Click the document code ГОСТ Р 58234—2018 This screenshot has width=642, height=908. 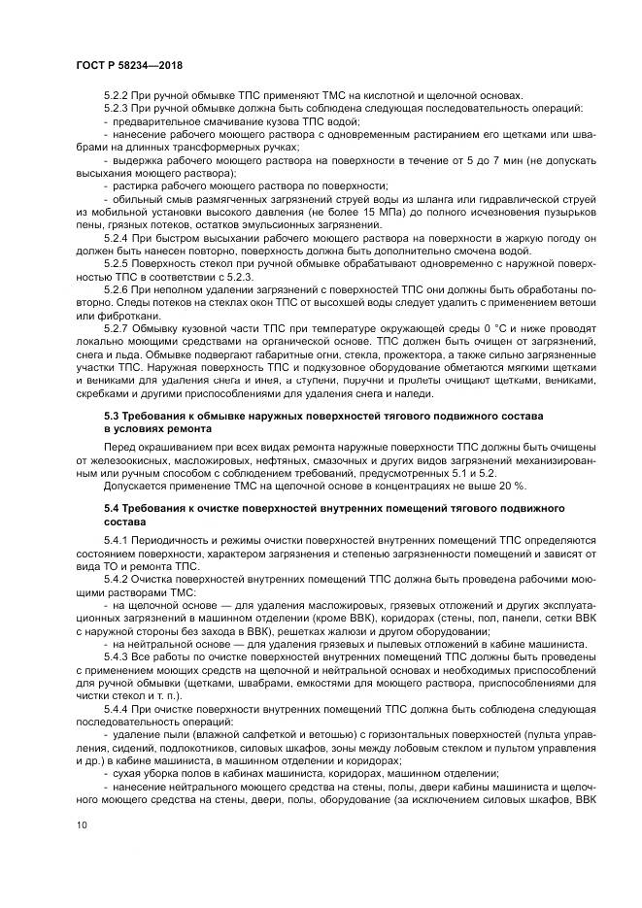coord(129,65)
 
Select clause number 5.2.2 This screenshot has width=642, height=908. coord(118,95)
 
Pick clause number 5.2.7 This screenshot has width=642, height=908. coord(118,330)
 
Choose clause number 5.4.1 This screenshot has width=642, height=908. coord(118,539)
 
